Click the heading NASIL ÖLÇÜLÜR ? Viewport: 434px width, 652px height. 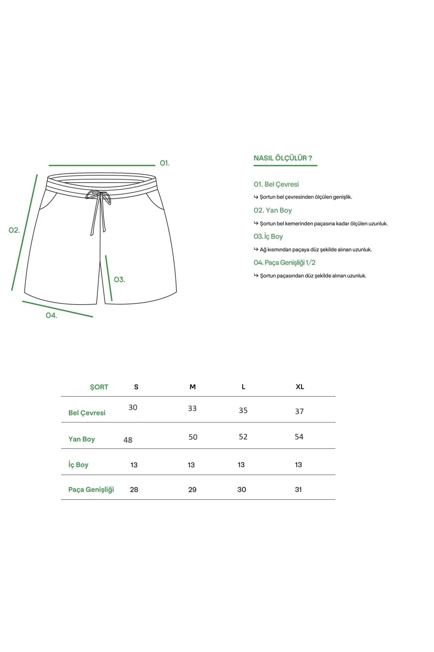point(282,158)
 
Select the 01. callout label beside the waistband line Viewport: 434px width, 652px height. point(165,163)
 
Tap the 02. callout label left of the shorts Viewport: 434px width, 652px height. point(14,230)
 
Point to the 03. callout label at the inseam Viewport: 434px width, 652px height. point(119,280)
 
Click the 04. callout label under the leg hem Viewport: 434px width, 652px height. point(51,315)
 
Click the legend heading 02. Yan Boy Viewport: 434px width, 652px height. point(273,210)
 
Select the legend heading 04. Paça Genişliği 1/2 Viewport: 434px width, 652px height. point(284,262)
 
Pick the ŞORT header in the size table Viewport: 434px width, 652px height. point(99,387)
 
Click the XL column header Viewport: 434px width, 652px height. point(299,386)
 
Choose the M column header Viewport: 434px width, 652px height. point(192,387)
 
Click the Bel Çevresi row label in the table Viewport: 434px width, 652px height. point(87,413)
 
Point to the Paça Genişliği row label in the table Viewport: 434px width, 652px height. point(91,489)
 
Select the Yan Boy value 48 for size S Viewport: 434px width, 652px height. point(128,440)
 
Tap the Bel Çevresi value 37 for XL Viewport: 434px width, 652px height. point(299,411)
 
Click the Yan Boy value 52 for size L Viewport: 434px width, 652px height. point(243,437)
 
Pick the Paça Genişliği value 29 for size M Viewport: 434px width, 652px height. point(192,490)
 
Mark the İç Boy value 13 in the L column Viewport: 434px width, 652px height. point(241,465)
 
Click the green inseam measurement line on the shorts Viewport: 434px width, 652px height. point(109,278)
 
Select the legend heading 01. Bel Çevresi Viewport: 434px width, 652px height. point(276,184)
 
